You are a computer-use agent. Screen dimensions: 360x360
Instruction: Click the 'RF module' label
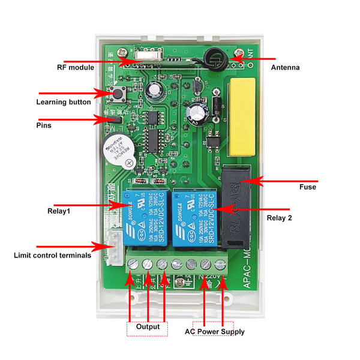[x=76, y=68]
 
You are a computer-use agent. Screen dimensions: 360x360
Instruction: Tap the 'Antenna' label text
[x=286, y=68]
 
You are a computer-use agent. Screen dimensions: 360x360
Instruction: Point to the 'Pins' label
[x=44, y=125]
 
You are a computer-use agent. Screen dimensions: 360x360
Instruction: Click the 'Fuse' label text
[x=308, y=187]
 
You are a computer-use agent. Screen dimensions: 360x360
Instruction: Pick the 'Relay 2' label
[x=279, y=218]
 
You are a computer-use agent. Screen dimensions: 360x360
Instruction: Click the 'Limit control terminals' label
[x=53, y=255]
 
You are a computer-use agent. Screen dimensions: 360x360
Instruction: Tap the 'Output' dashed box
[x=148, y=327]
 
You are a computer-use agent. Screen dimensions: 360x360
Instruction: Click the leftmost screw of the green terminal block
[x=134, y=264]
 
